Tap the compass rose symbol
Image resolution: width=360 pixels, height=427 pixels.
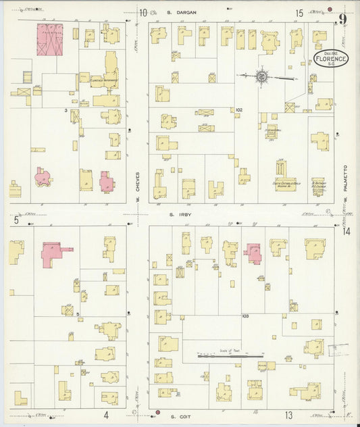(262, 77)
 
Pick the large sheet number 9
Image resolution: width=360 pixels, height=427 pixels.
(343, 19)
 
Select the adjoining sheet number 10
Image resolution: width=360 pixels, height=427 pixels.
(144, 13)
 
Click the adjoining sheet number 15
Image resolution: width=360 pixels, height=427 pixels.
(299, 13)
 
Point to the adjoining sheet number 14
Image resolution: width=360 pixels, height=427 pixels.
(346, 232)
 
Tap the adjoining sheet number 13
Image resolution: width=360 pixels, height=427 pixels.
(288, 415)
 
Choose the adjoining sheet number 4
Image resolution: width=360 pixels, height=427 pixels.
(106, 415)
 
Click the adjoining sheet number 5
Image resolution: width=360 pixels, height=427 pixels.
(15, 220)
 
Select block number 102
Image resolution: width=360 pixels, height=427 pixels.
(238, 110)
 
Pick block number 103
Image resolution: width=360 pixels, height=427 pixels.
(245, 316)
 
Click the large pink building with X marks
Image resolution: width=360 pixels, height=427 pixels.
(49, 39)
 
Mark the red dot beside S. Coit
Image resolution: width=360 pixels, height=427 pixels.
(157, 412)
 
